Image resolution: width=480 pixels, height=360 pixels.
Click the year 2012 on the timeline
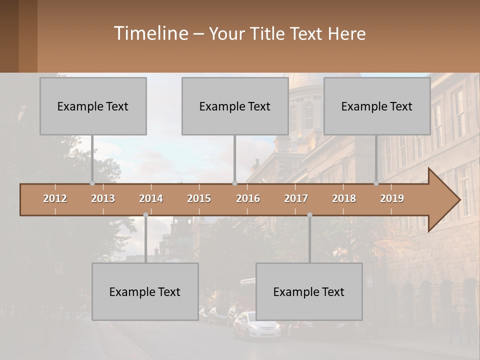coord(55,198)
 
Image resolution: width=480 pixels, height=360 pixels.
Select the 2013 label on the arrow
coord(103,198)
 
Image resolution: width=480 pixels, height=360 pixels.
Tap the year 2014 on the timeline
coord(151,198)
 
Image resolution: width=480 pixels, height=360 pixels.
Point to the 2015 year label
coord(199,198)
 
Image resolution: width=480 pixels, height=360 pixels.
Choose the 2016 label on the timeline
coord(248,198)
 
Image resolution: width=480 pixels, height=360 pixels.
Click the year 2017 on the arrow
coord(296,198)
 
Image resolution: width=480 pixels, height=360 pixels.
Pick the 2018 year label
coord(344,198)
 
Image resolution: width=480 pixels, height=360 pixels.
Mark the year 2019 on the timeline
coord(392,198)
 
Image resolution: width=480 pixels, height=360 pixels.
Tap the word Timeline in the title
coord(150,33)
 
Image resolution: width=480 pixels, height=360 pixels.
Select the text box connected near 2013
coord(93,106)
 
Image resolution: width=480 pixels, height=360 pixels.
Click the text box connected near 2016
coord(235,106)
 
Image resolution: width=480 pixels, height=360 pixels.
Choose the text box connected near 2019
coord(377,106)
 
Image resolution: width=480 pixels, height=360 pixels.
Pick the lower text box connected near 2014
coord(145,291)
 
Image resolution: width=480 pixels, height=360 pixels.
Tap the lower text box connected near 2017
coord(309,291)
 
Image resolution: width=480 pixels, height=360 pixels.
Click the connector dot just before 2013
coord(92,183)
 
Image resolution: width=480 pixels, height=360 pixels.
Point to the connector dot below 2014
coord(145,215)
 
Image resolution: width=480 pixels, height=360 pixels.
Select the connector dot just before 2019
coord(376,183)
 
